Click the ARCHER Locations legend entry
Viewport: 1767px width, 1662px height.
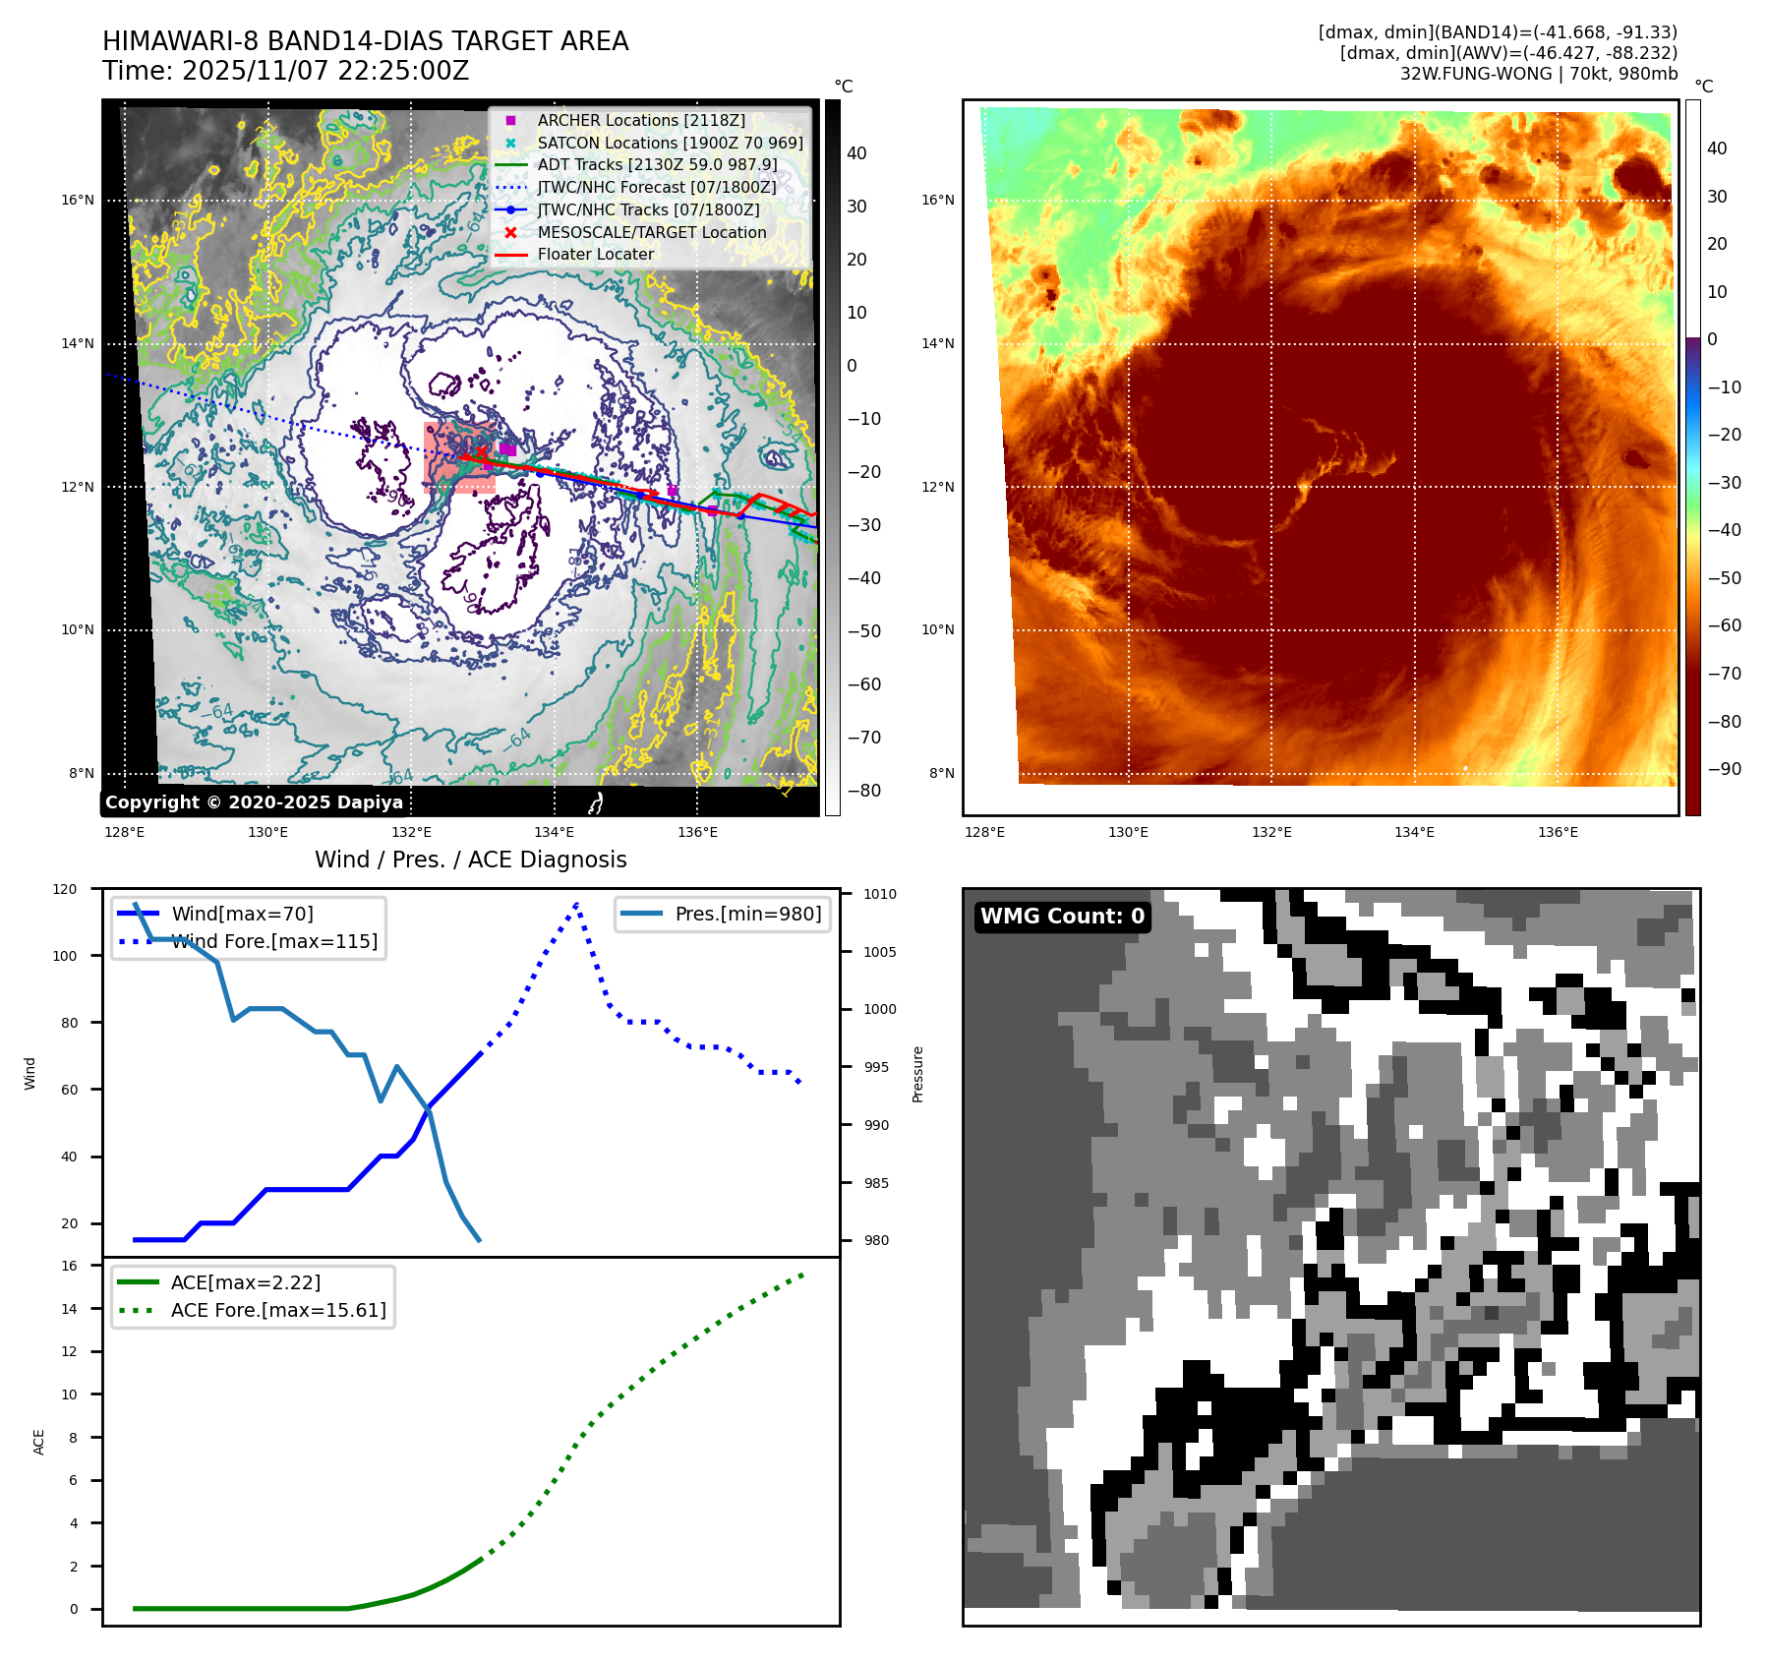[640, 120]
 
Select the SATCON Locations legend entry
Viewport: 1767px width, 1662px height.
[670, 143]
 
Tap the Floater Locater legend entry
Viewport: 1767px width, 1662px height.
[595, 254]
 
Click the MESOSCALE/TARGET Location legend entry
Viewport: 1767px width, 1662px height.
[651, 232]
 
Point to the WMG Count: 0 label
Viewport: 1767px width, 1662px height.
[1062, 917]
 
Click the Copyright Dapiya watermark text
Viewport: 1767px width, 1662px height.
[254, 802]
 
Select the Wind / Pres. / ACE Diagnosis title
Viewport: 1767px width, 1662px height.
[470, 860]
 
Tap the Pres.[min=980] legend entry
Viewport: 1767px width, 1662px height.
[747, 914]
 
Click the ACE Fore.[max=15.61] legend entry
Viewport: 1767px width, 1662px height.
[278, 1310]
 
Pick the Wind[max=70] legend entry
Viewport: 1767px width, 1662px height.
[242, 914]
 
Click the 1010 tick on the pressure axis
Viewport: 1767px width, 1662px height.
[880, 894]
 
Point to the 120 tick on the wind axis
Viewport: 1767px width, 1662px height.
[65, 889]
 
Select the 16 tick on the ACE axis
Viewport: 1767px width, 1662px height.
[69, 1266]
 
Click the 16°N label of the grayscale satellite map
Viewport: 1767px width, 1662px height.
[78, 200]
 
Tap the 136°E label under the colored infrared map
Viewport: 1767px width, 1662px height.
[1558, 832]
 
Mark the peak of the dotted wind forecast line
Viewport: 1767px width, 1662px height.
[576, 903]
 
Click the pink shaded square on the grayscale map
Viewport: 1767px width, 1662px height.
[458, 456]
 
